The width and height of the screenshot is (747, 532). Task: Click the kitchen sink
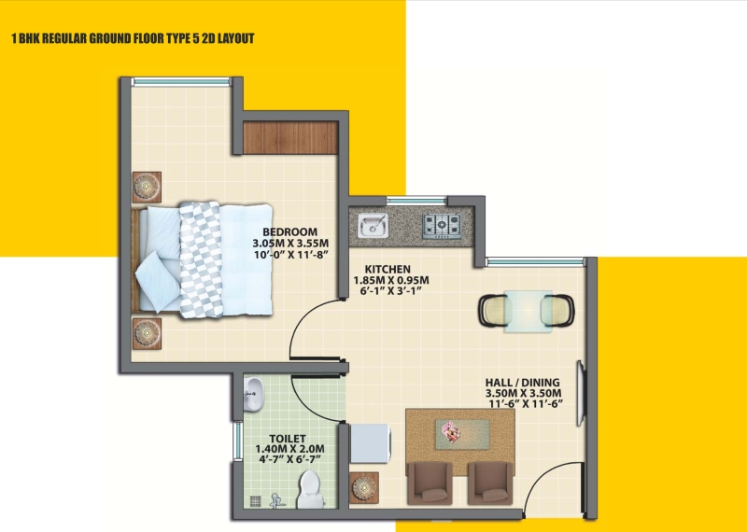click(x=373, y=225)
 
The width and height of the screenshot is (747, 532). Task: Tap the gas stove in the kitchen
click(x=442, y=226)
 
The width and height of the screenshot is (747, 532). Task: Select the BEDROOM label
click(x=289, y=232)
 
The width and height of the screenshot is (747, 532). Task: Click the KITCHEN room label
click(x=388, y=269)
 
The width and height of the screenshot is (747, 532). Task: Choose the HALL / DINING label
click(x=522, y=383)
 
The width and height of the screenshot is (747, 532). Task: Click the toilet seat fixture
click(x=310, y=489)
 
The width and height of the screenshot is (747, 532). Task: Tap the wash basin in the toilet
click(x=253, y=395)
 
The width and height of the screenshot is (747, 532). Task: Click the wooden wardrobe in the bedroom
click(x=290, y=137)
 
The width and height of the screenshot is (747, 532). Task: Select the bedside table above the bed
click(x=147, y=188)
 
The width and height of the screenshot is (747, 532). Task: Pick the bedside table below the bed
click(x=147, y=333)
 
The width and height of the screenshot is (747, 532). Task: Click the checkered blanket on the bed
click(x=201, y=259)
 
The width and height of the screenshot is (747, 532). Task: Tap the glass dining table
click(x=528, y=311)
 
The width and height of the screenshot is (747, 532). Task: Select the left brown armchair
click(x=430, y=483)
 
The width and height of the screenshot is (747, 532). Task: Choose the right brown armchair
click(x=490, y=483)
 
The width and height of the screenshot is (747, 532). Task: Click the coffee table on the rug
click(x=462, y=434)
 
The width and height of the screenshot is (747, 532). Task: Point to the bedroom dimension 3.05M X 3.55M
click(x=290, y=244)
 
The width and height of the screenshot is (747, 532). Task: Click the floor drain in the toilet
click(x=256, y=501)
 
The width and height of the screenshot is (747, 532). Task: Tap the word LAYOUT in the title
click(x=236, y=38)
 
